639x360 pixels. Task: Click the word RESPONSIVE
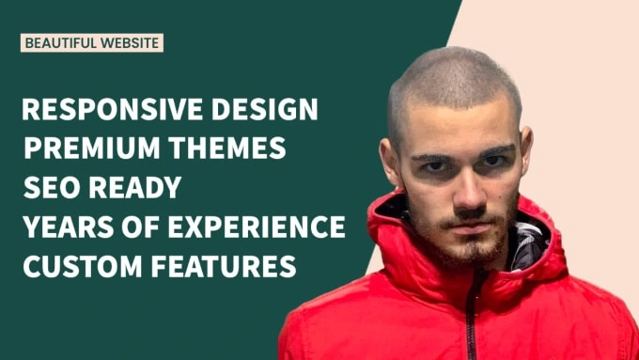(x=112, y=109)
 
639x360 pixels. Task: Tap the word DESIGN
(x=264, y=109)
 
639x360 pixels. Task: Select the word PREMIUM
(x=92, y=148)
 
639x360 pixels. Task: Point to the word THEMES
(x=227, y=148)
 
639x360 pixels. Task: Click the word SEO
(x=52, y=187)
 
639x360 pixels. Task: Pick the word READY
(x=135, y=187)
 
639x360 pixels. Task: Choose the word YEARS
(x=68, y=227)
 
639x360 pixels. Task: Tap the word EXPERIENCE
(x=257, y=227)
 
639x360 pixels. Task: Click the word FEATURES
(x=224, y=266)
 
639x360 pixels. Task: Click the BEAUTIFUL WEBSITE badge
(x=92, y=43)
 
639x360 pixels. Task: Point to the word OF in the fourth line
(x=141, y=227)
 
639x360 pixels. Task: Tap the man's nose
(x=468, y=191)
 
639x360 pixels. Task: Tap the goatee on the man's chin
(x=473, y=249)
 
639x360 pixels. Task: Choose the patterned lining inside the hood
(x=529, y=243)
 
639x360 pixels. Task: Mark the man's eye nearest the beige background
(x=492, y=161)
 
